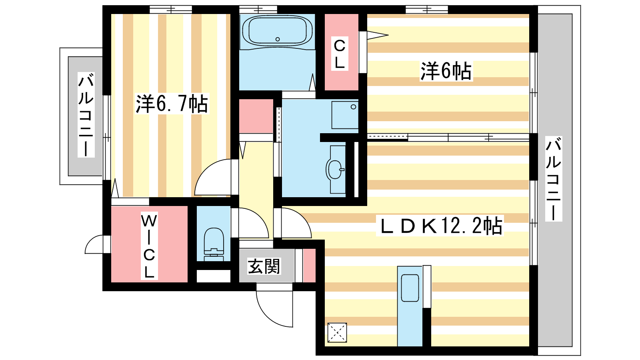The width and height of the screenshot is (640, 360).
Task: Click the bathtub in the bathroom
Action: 277,31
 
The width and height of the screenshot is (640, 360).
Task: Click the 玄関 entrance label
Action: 264,266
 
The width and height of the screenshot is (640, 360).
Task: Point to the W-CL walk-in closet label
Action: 149,246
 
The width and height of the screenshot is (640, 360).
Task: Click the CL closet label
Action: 340,54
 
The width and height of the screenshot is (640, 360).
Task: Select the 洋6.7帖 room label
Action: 172,104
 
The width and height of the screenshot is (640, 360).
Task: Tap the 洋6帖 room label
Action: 446,71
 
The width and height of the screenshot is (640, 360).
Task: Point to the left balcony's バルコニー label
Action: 86,115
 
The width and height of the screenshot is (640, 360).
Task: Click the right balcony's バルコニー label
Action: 554,178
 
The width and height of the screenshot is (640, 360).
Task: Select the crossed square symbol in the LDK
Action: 337,332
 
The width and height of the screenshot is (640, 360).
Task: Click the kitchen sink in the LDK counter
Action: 410,288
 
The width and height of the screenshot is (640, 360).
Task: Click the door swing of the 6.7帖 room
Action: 212,178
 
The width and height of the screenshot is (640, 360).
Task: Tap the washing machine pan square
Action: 345,114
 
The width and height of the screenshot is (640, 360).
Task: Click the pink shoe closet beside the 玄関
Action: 309,266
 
